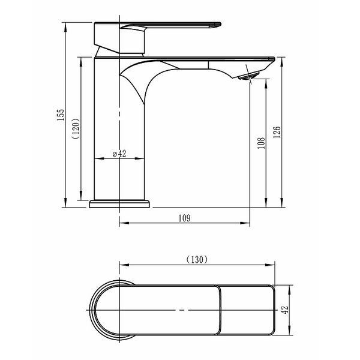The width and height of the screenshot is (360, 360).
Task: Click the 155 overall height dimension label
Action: click(61, 115)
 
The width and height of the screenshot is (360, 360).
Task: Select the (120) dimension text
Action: click(76, 128)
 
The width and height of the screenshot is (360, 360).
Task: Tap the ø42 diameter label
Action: click(119, 154)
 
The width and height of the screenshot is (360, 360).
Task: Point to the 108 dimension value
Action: click(261, 143)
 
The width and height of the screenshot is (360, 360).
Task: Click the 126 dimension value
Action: click(277, 132)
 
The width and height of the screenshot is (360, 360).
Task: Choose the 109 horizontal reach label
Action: click(185, 218)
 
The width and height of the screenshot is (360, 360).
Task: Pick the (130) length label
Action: click(197, 260)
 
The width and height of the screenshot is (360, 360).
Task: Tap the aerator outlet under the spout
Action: click(249, 76)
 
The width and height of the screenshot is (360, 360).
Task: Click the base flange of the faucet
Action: click(119, 204)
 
